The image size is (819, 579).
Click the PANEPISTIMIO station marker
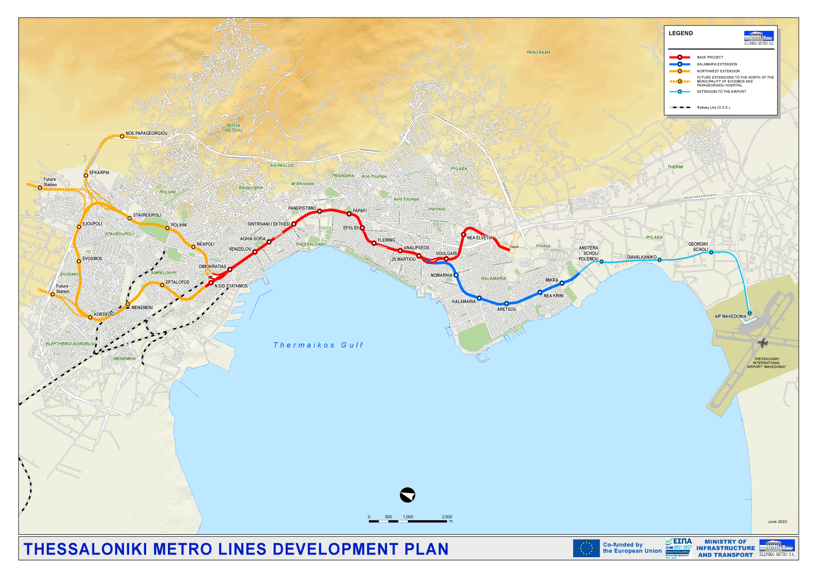pyautogui.click(x=319, y=212)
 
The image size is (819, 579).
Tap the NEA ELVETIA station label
pyautogui.click(x=480, y=238)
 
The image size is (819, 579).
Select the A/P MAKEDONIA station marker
pyautogui.click(x=749, y=313)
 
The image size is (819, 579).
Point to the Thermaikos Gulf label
pyautogui.click(x=318, y=345)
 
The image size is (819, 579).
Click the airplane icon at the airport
pyautogui.click(x=763, y=342)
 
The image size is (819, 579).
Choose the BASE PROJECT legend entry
pyautogui.click(x=710, y=57)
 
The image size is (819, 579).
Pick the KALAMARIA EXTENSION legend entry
pyautogui.click(x=717, y=64)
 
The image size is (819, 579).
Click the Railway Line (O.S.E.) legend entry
pyautogui.click(x=713, y=107)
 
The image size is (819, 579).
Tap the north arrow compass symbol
pyautogui.click(x=407, y=495)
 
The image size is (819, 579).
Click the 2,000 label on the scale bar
pyautogui.click(x=447, y=517)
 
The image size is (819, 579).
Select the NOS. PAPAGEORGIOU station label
pyautogui.click(x=146, y=133)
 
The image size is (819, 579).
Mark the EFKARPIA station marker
pyautogui.click(x=86, y=175)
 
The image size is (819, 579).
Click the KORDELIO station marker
pyautogui.click(x=90, y=317)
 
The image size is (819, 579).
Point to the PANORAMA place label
pyautogui.click(x=539, y=52)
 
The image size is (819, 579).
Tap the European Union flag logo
pyautogui.click(x=586, y=548)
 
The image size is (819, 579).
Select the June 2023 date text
pyautogui.click(x=777, y=521)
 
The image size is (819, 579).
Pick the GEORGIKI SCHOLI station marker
pyautogui.click(x=711, y=252)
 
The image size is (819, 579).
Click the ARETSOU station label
pyautogui.click(x=507, y=309)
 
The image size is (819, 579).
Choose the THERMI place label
pyautogui.click(x=675, y=167)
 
